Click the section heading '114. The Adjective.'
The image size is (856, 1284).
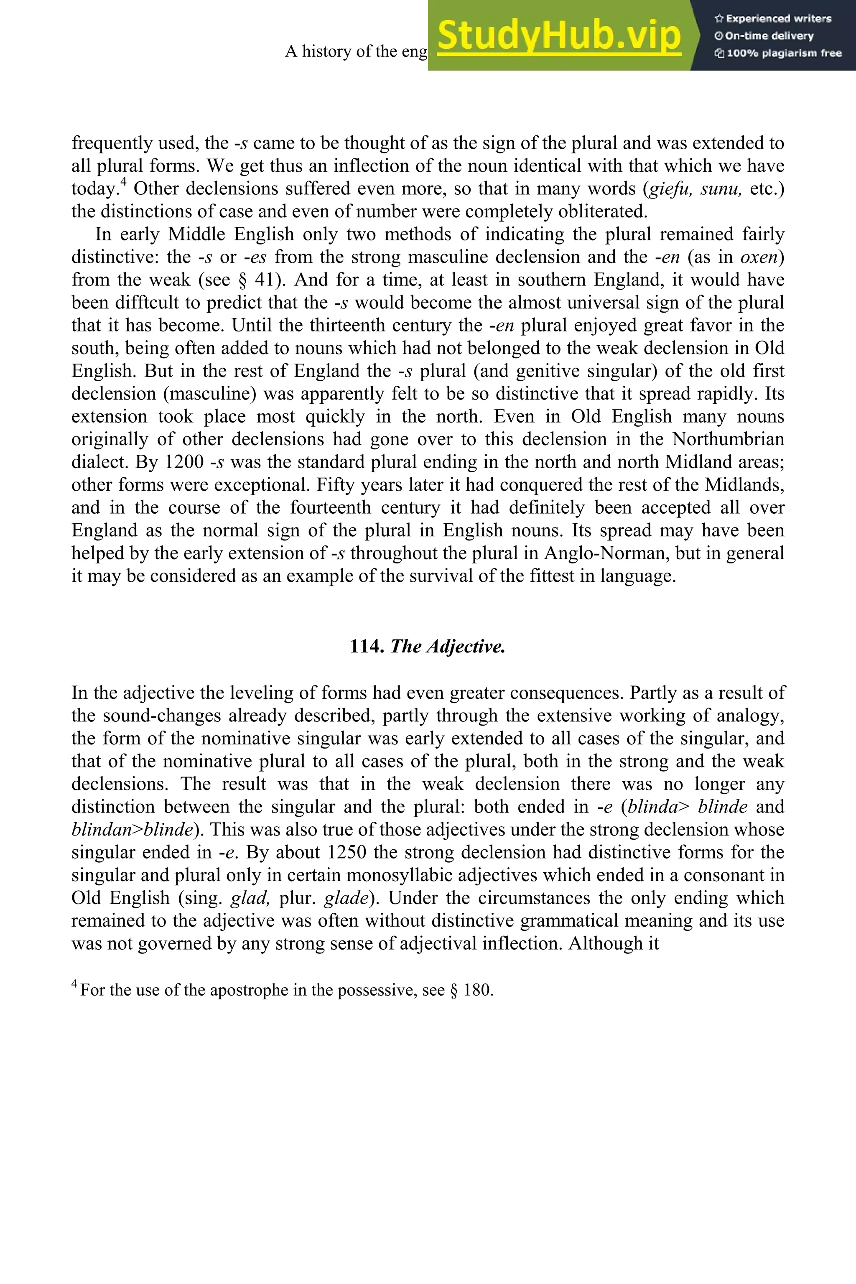[x=428, y=646]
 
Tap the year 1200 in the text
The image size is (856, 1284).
[x=183, y=462]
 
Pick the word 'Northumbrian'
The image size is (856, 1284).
[x=728, y=439]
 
